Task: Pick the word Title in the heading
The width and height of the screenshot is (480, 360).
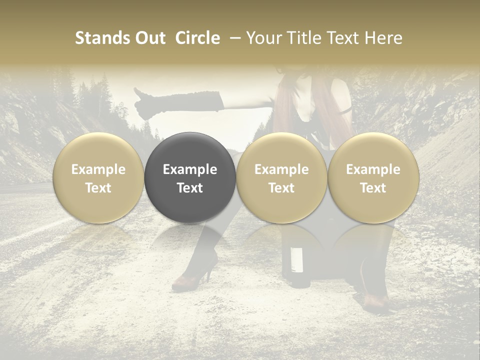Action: (x=302, y=38)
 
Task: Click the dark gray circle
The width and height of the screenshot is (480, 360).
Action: (x=190, y=178)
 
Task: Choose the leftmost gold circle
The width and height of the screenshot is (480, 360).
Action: (x=98, y=178)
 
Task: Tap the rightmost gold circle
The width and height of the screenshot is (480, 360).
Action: (x=373, y=178)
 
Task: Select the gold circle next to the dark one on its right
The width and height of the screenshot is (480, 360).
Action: (x=281, y=178)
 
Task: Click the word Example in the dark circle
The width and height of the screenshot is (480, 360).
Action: (x=190, y=169)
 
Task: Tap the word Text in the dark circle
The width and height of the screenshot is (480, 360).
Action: (x=190, y=188)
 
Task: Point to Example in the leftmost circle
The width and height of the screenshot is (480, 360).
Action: (x=98, y=169)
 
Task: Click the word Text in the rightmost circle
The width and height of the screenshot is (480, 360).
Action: (x=373, y=188)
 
